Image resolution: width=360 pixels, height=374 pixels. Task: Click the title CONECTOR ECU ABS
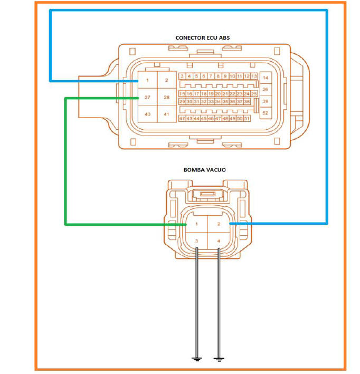coord(203,37)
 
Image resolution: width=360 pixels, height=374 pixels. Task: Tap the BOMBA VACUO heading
coord(205,170)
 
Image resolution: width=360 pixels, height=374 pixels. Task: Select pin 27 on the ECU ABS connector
coord(147,97)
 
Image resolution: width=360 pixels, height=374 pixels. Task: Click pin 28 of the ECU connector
coord(167,97)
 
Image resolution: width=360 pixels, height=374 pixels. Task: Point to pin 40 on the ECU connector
coord(147,114)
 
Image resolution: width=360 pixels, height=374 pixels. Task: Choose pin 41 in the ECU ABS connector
coord(167,114)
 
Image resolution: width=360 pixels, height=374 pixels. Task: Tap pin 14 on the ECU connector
coord(266,78)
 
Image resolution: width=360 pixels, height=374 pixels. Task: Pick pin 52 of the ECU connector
coord(266,113)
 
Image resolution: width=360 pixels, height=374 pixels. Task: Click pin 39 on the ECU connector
coord(266,101)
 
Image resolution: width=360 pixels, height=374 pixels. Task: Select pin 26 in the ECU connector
coord(266,90)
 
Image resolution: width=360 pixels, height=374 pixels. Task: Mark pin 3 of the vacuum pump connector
coord(197,241)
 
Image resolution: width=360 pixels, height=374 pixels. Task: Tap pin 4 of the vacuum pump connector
coord(219,241)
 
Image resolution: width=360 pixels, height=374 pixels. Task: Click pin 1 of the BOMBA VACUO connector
coord(197,224)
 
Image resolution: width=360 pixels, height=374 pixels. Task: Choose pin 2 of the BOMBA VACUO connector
coord(219,224)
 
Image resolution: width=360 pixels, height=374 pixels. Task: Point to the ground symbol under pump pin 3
coord(197,359)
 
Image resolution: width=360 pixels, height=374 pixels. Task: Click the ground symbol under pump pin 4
coord(219,359)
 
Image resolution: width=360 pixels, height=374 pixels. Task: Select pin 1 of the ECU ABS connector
coord(147,80)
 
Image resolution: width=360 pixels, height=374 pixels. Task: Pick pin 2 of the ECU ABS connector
coord(167,80)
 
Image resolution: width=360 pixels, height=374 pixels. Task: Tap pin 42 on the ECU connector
coord(182,118)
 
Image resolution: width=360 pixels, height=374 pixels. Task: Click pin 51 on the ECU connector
coord(247,118)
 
